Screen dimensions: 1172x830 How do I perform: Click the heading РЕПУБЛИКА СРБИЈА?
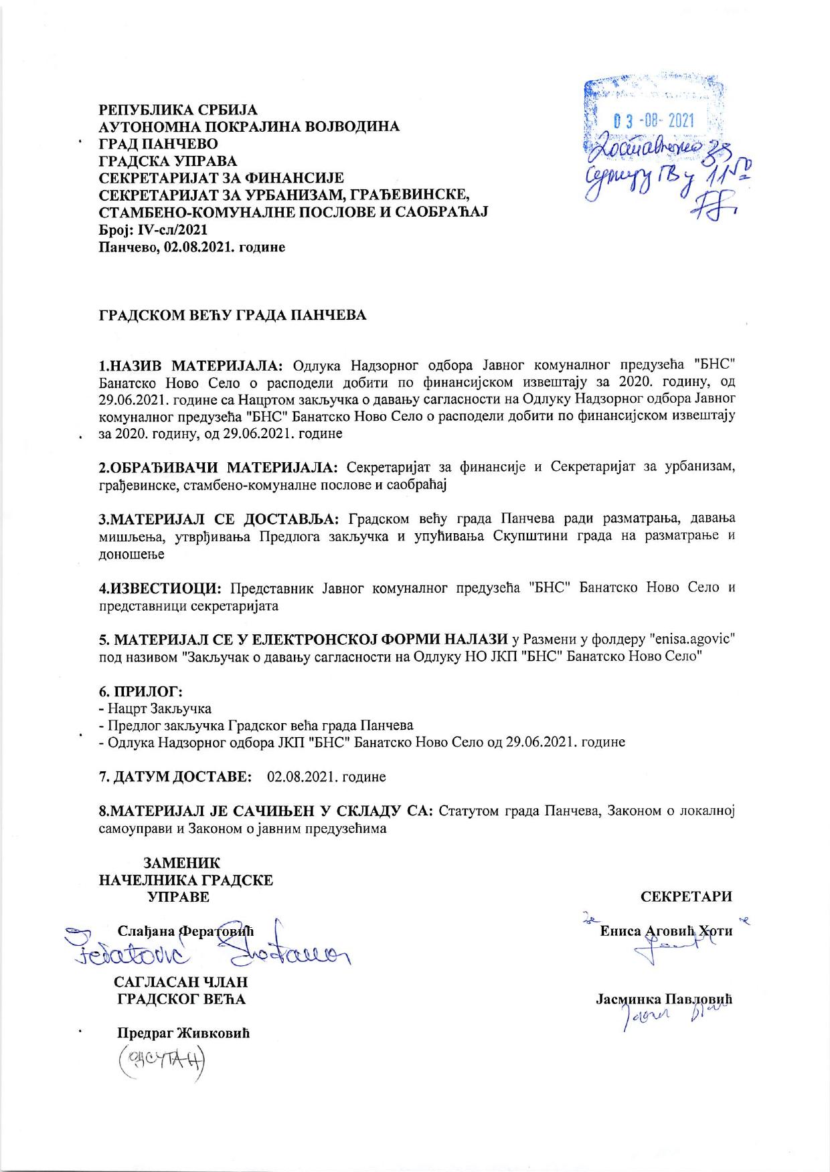178,109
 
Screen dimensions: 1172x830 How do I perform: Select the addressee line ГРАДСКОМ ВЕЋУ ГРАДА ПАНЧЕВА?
232,315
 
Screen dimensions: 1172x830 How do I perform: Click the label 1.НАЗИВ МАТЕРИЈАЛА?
192,365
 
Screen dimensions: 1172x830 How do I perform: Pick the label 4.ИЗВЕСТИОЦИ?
161,588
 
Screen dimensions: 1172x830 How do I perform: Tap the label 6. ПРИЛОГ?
141,690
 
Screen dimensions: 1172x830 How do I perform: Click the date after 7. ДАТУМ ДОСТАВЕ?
326,777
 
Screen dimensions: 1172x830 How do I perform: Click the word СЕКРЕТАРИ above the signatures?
686,897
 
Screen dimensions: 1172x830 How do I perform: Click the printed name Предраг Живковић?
183,1032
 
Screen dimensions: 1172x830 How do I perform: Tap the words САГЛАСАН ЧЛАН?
181,983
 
